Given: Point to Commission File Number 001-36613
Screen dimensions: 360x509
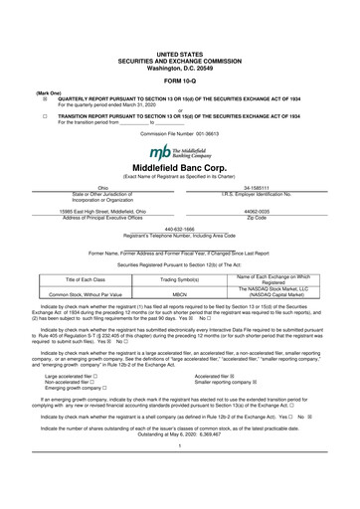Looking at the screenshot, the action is pyautogui.click(x=179, y=131).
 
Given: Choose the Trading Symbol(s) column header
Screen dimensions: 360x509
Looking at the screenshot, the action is pyautogui.click(x=180, y=281).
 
